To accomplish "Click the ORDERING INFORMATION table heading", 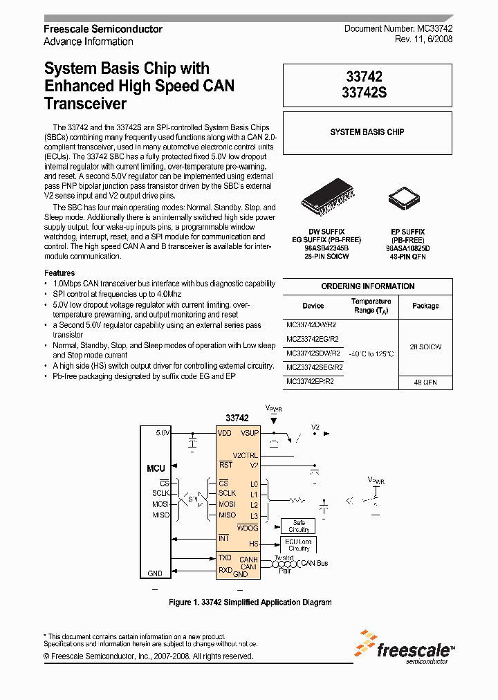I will (x=367, y=286).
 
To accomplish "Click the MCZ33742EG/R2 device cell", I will (x=313, y=338).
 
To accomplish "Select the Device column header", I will (x=313, y=305).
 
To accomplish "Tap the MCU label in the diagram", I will (x=156, y=468).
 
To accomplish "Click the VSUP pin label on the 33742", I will (x=250, y=433).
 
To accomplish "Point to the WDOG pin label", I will (x=248, y=528).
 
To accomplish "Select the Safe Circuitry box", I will (x=298, y=526).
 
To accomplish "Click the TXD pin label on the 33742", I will (x=225, y=558).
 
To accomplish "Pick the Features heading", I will (x=59, y=273).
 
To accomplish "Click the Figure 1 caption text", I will (x=250, y=602).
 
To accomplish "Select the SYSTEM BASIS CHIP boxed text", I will (x=367, y=132).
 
